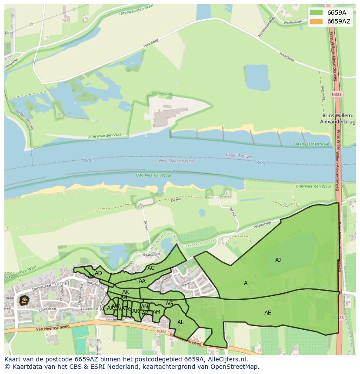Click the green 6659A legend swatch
316,12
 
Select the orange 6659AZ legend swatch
316,21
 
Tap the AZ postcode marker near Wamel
24,300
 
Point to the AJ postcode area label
278,260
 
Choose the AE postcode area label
267,313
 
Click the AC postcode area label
151,268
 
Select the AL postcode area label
180,322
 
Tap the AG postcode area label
169,304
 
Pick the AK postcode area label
126,292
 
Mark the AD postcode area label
99,273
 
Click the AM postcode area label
157,312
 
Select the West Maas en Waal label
176,161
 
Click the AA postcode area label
142,281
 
